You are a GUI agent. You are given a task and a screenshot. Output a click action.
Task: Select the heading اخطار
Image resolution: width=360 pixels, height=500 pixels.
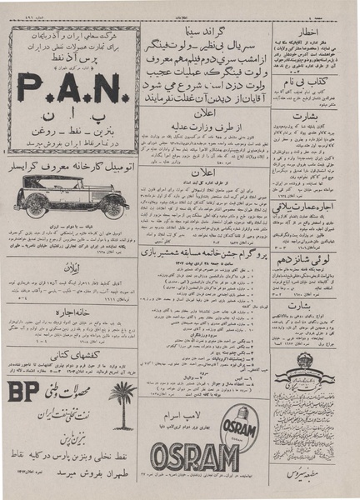pos(317,37)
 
